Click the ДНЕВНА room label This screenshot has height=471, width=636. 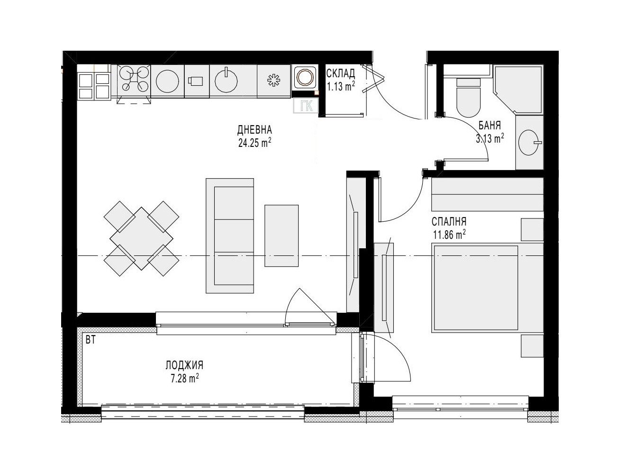[x=254, y=130]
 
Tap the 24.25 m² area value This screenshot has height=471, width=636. [x=254, y=143]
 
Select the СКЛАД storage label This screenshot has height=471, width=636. [x=341, y=73]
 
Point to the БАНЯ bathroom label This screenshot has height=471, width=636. [x=490, y=125]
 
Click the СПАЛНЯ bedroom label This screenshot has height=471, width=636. [x=449, y=222]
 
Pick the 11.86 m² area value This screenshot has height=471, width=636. [x=449, y=235]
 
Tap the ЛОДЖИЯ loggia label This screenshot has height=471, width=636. [x=185, y=365]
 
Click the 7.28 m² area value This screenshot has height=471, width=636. [x=185, y=378]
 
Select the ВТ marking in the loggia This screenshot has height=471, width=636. [x=91, y=340]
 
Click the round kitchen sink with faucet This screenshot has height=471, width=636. [x=226, y=81]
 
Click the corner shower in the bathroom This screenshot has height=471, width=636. [x=518, y=90]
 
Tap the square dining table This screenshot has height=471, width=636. [x=141, y=238]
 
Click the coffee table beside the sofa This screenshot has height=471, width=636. [x=282, y=235]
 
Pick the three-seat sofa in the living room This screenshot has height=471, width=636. [x=230, y=235]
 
